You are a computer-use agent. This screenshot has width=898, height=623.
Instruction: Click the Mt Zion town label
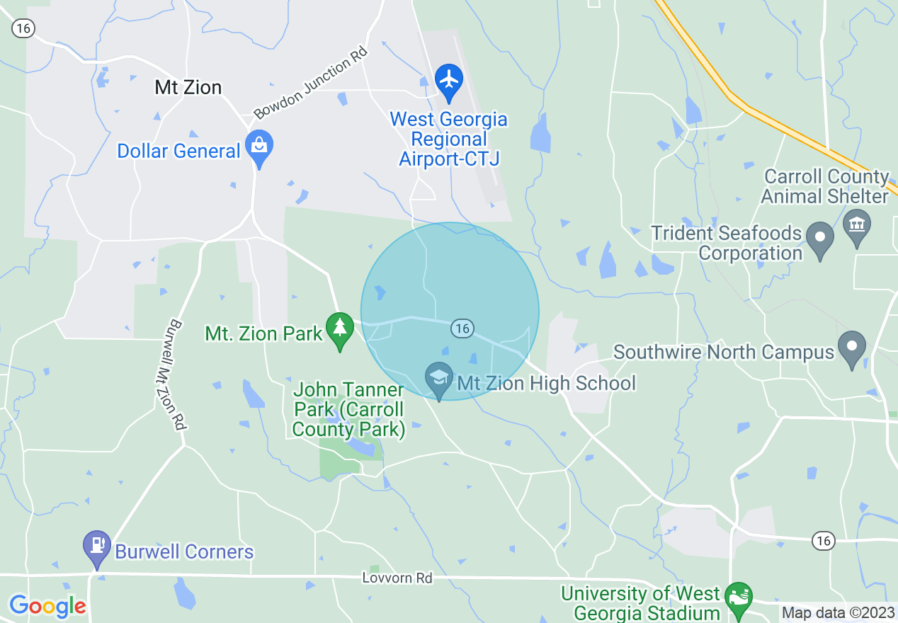[188, 87]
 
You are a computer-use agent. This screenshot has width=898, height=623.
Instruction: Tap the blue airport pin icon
[449, 81]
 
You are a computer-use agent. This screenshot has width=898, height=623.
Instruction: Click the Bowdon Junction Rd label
[311, 82]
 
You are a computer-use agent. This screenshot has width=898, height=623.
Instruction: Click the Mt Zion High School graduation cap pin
[439, 379]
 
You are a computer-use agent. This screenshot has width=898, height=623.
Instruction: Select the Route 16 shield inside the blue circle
[462, 328]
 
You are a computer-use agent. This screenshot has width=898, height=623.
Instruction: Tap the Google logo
[47, 607]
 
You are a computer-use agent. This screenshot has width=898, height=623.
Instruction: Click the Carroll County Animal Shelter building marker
[857, 227]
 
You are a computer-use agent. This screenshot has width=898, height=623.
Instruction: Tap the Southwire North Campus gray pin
[852, 348]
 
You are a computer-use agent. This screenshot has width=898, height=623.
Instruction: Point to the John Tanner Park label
[348, 409]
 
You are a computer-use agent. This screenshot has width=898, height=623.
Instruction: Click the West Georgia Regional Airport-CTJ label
[449, 139]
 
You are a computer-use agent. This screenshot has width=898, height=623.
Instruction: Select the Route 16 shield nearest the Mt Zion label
[23, 28]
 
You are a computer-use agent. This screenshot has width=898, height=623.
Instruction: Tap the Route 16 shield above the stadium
[822, 541]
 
